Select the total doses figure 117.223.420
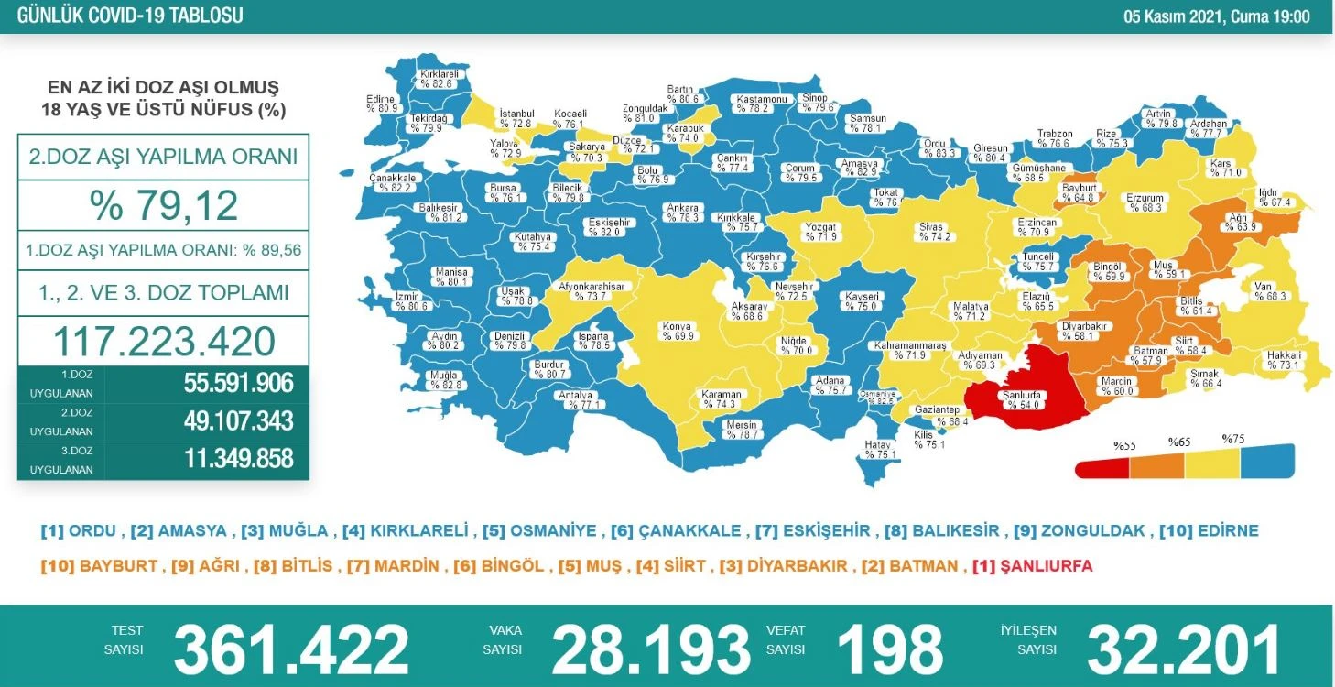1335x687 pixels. pyautogui.click(x=164, y=342)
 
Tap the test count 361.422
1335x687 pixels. pyautogui.click(x=291, y=649)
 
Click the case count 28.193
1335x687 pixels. pyautogui.click(x=650, y=649)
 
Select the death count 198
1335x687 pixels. pyautogui.click(x=889, y=649)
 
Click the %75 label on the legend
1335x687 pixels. pyautogui.click(x=1234, y=439)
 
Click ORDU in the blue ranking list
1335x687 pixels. pyautogui.click(x=92, y=531)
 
